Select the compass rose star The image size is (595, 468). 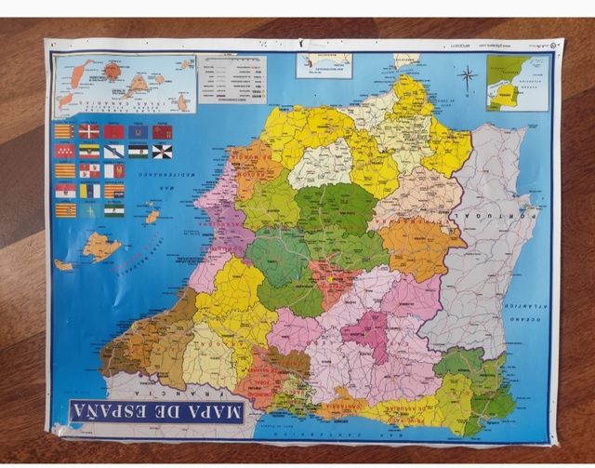[469, 75]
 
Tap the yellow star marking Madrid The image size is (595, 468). [327, 277]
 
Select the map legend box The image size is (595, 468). [233, 80]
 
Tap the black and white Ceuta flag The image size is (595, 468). [162, 151]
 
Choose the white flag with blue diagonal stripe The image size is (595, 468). [114, 151]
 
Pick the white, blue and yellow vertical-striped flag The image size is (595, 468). [89, 190]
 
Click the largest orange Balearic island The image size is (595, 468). [100, 246]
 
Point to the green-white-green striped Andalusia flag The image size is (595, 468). [113, 209]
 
